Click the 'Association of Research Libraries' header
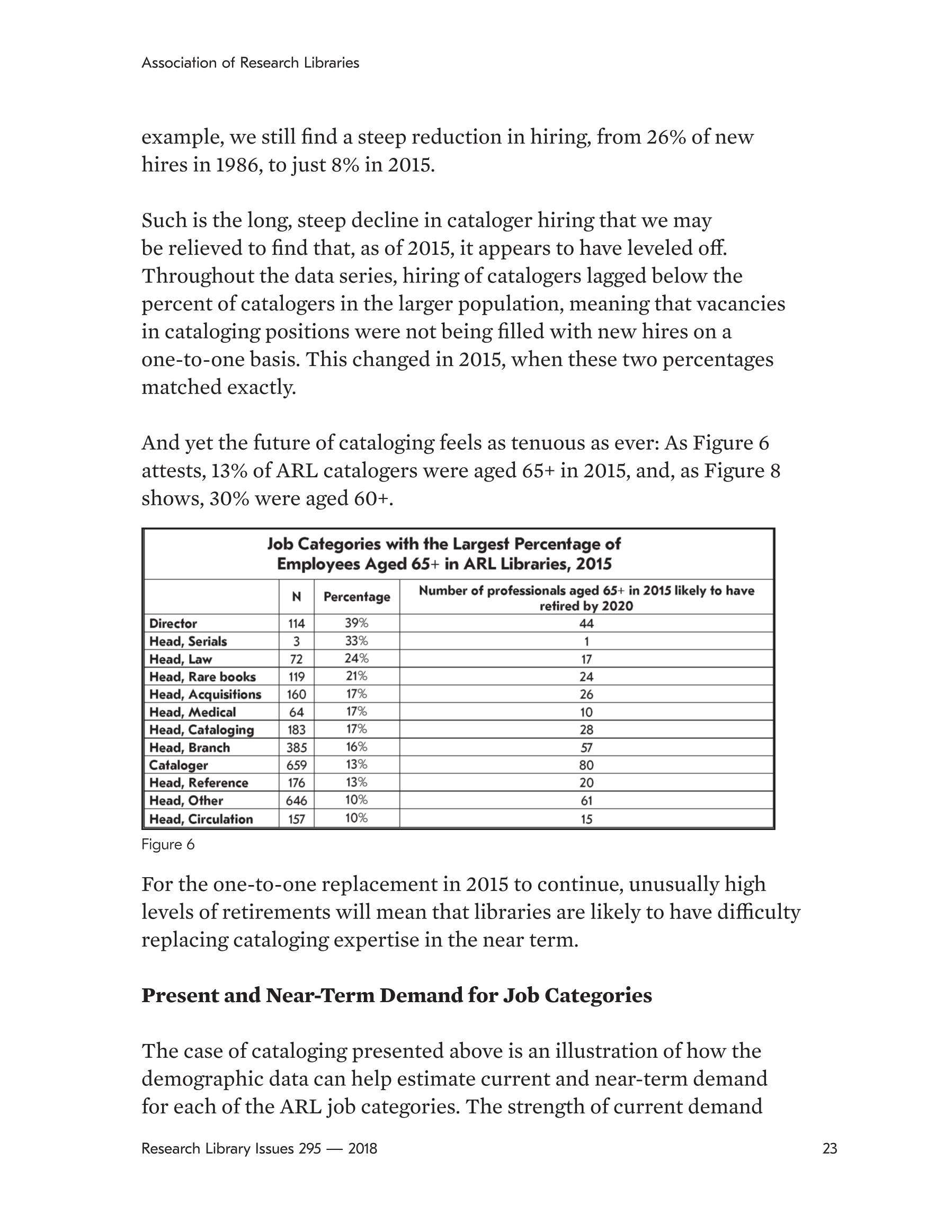(x=250, y=63)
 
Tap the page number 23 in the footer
(x=830, y=1148)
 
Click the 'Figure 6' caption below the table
(x=167, y=844)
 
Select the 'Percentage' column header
(x=357, y=597)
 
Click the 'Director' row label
(x=173, y=623)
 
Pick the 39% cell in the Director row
(x=356, y=623)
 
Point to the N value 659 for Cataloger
(x=296, y=765)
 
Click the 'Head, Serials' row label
(x=188, y=641)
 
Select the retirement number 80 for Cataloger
(x=586, y=765)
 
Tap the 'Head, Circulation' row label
(x=201, y=819)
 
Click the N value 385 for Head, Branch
(x=296, y=747)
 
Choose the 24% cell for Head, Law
(x=356, y=658)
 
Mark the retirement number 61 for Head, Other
(x=586, y=801)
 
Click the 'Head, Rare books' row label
(x=202, y=676)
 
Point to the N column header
(x=296, y=597)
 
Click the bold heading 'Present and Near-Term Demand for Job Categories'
(x=397, y=995)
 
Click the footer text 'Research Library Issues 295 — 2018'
(x=259, y=1148)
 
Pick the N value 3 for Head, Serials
(x=296, y=641)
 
